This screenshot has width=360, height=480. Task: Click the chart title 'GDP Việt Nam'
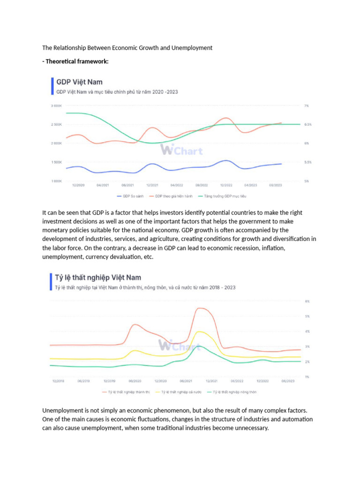tap(79, 82)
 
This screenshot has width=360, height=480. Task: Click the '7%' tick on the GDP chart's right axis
tap(307, 106)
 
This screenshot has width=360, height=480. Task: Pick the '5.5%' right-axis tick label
tap(308, 162)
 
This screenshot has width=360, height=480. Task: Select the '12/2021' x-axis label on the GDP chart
tap(152, 186)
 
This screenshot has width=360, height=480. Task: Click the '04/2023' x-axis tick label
tap(251, 186)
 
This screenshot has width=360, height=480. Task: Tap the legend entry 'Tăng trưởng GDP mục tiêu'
tap(217, 196)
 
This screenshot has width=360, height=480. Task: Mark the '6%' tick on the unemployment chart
tap(307, 301)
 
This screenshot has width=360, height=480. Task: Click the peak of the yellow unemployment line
tap(200, 331)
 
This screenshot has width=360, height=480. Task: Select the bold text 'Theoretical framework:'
tap(77, 61)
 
